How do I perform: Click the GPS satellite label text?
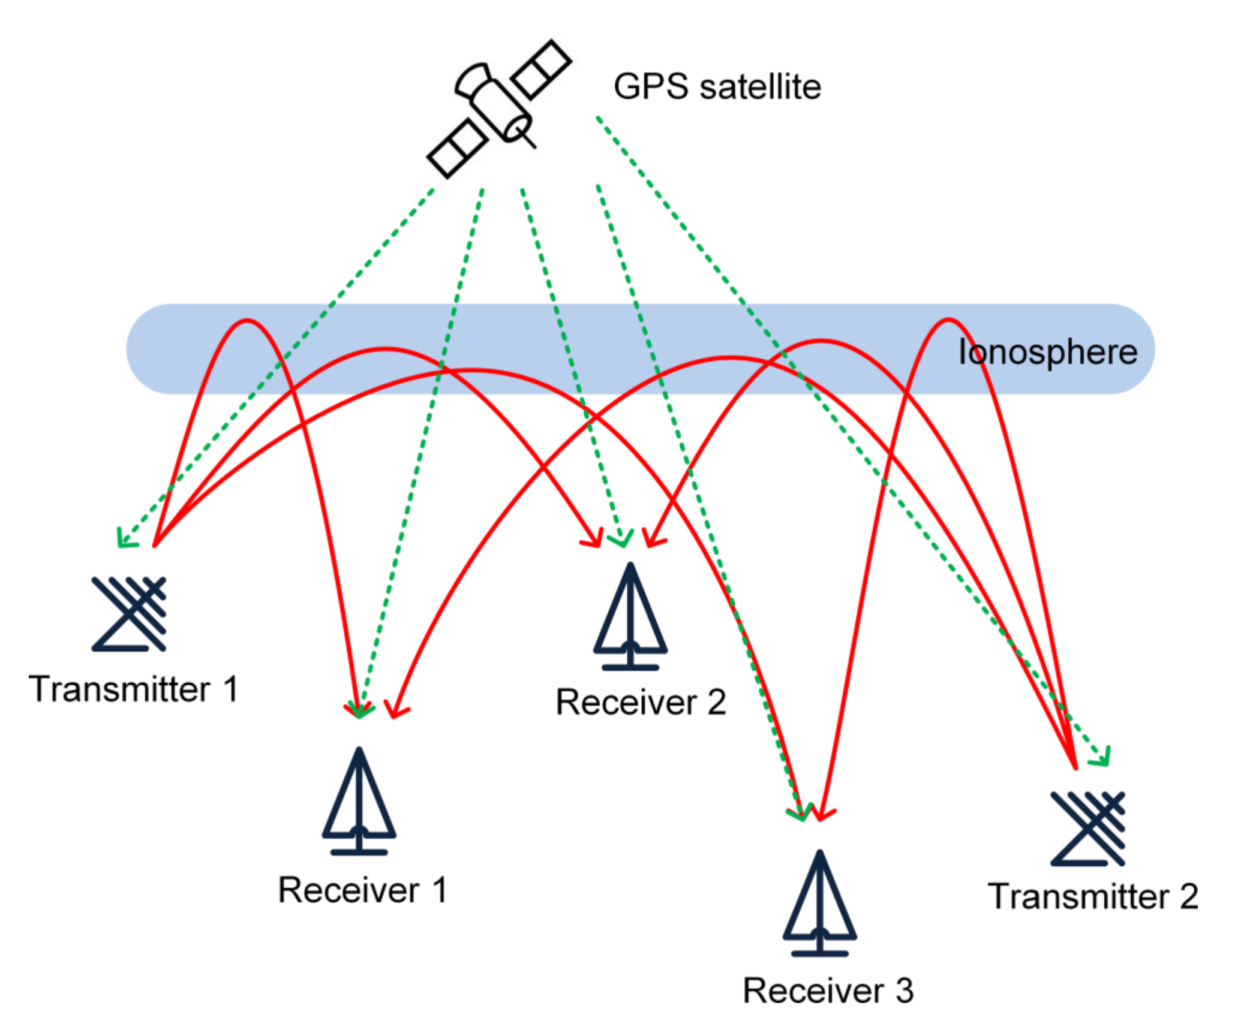pos(717,87)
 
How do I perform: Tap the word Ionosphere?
pos(1047,352)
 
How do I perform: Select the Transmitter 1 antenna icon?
pos(129,614)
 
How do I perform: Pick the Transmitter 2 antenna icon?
pos(1087,829)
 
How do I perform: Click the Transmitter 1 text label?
pos(134,689)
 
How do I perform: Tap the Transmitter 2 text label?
pos(1092,897)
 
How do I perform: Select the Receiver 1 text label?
pos(362,890)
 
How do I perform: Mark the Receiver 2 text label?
pos(641,702)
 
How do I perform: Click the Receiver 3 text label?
pos(828,991)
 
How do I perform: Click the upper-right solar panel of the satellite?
pos(541,70)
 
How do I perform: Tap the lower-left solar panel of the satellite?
pos(457,149)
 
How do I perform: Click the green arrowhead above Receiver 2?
pos(621,540)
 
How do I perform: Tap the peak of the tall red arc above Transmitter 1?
pos(247,321)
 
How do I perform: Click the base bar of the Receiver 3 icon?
pos(819,953)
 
